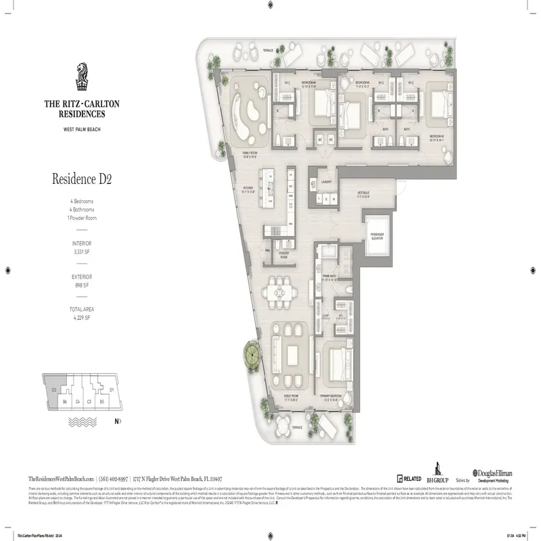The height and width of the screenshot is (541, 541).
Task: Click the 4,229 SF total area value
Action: click(x=82, y=317)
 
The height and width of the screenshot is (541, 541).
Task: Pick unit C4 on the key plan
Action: click(x=78, y=401)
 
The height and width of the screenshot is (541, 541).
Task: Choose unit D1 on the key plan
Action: click(x=112, y=390)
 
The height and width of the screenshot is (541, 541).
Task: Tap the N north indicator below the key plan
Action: click(x=118, y=422)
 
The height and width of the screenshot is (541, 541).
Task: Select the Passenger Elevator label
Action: click(x=377, y=237)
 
